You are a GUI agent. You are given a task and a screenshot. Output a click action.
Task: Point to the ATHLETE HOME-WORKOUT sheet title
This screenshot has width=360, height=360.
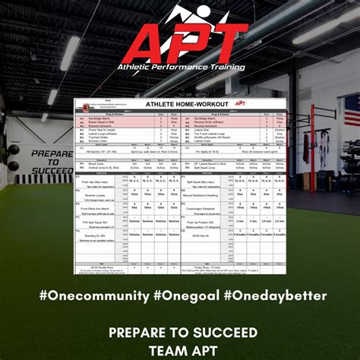[x=181, y=105]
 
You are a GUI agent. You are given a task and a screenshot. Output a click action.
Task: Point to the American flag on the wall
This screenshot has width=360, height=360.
[x=352, y=109]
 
